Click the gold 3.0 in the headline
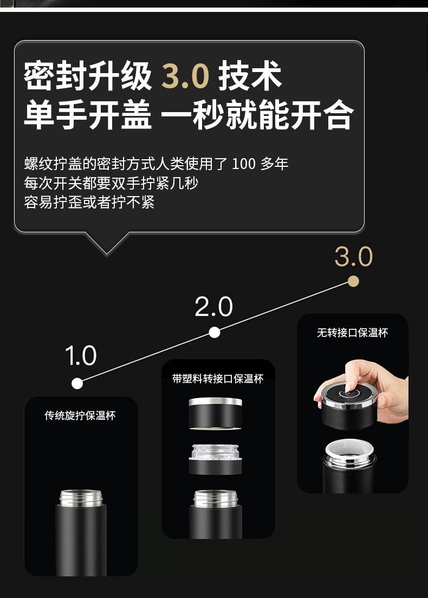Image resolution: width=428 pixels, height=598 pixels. (185, 75)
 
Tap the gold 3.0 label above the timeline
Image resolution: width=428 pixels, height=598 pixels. (354, 256)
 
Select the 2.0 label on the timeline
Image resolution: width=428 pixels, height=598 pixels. (213, 307)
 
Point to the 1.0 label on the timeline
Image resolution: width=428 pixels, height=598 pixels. (81, 355)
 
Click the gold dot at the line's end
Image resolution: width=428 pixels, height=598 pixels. (354, 282)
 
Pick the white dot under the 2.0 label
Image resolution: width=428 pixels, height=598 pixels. (215, 333)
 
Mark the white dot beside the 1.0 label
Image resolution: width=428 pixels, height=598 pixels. (77, 383)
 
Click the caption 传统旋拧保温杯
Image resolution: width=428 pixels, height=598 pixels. (80, 415)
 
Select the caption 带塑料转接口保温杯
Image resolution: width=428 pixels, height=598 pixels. (218, 379)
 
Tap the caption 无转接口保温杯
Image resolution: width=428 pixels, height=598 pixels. (353, 333)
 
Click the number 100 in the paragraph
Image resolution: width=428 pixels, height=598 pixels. (244, 164)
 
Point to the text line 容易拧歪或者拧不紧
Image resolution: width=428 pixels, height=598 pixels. (89, 202)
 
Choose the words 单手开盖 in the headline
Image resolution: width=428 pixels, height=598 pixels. (88, 114)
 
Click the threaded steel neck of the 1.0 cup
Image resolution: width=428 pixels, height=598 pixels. (81, 498)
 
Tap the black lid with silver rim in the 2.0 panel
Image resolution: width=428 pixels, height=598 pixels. (216, 413)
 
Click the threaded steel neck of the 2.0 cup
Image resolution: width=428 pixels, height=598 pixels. (216, 498)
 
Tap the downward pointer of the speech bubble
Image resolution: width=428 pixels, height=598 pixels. (107, 243)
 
